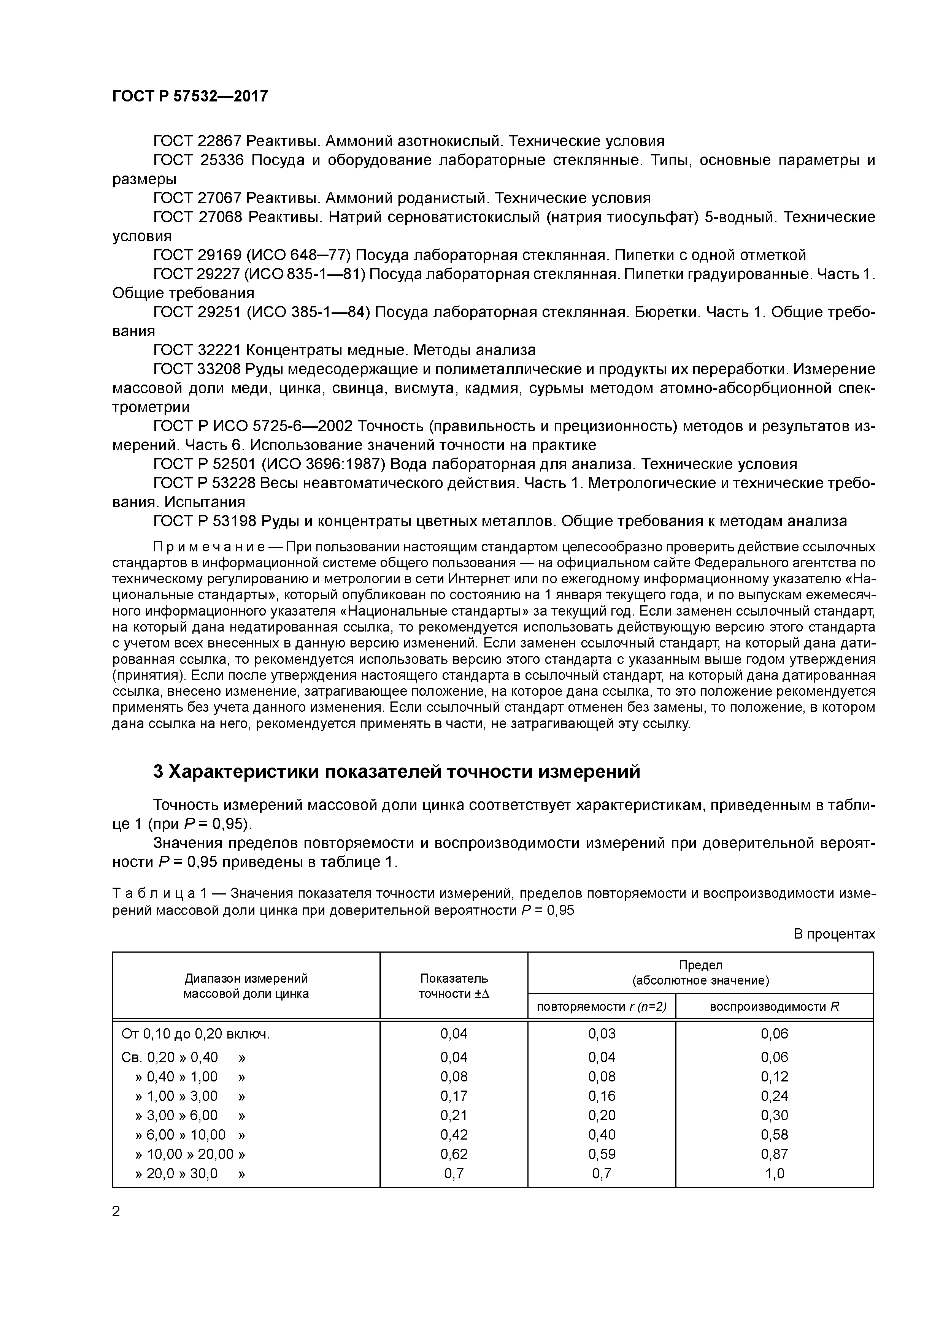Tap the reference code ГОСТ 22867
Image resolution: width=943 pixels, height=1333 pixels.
[198, 141]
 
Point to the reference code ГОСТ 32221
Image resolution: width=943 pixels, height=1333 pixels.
[198, 350]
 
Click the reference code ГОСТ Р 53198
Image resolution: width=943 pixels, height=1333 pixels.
[205, 521]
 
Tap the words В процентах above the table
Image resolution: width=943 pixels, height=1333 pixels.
[834, 934]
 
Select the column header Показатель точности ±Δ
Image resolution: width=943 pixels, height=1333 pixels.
[454, 985]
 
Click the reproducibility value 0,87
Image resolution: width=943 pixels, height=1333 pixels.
[775, 1154]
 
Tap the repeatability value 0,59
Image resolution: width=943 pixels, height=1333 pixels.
[602, 1154]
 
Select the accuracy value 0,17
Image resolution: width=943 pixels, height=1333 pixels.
[454, 1096]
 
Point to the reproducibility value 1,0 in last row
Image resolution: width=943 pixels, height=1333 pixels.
[775, 1173]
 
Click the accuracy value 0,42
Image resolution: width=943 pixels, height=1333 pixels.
[454, 1134]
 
